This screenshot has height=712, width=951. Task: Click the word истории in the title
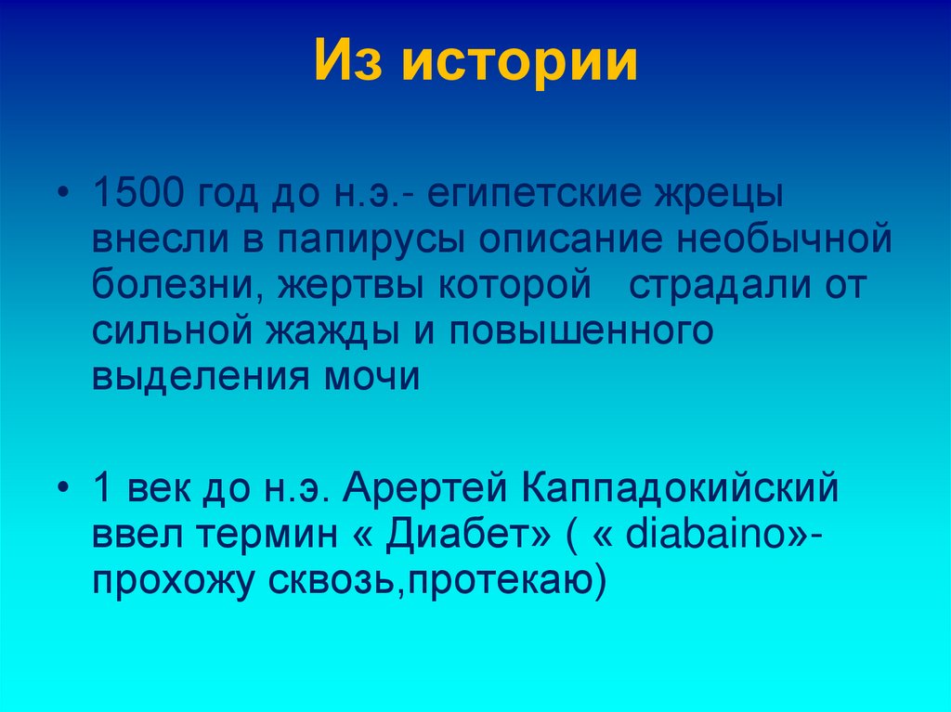coord(520,63)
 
